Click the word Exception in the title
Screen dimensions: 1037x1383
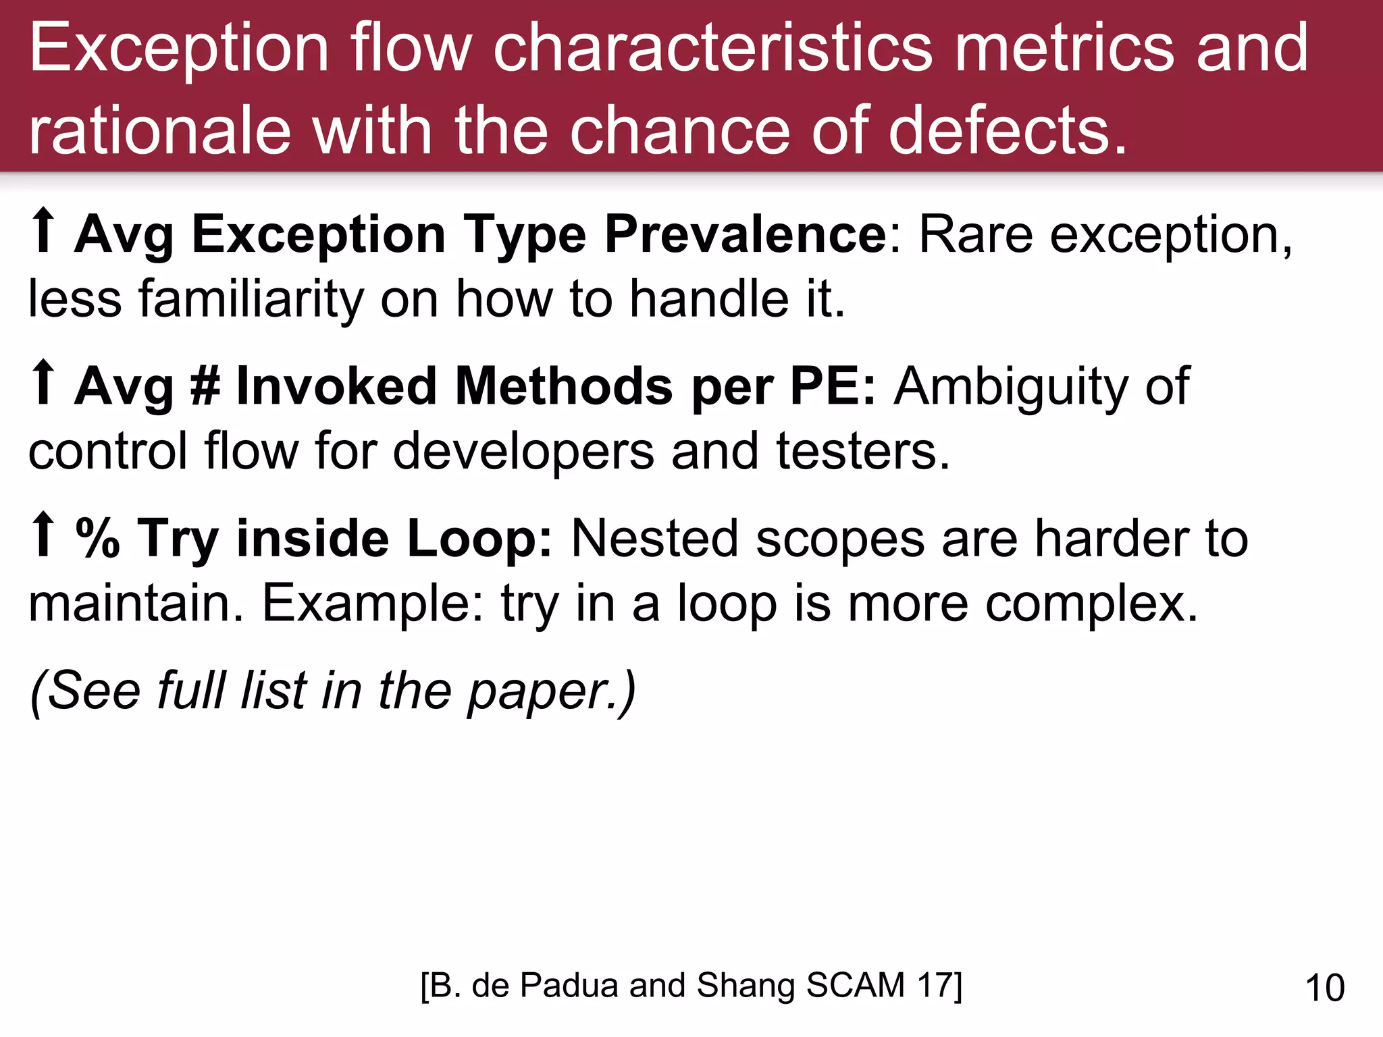coord(179,49)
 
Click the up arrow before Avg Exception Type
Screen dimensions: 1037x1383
coord(44,231)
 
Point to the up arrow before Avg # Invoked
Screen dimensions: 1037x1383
coord(44,383)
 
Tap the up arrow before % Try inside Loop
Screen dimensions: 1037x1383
coord(44,535)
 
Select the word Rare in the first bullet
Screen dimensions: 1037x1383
coord(976,235)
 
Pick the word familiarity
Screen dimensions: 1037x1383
coord(251,300)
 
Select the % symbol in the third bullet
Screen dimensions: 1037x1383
coord(98,538)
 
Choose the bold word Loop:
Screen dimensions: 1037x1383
coord(480,538)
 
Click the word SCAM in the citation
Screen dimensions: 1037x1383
coord(855,985)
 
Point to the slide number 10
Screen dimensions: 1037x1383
coord(1325,988)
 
